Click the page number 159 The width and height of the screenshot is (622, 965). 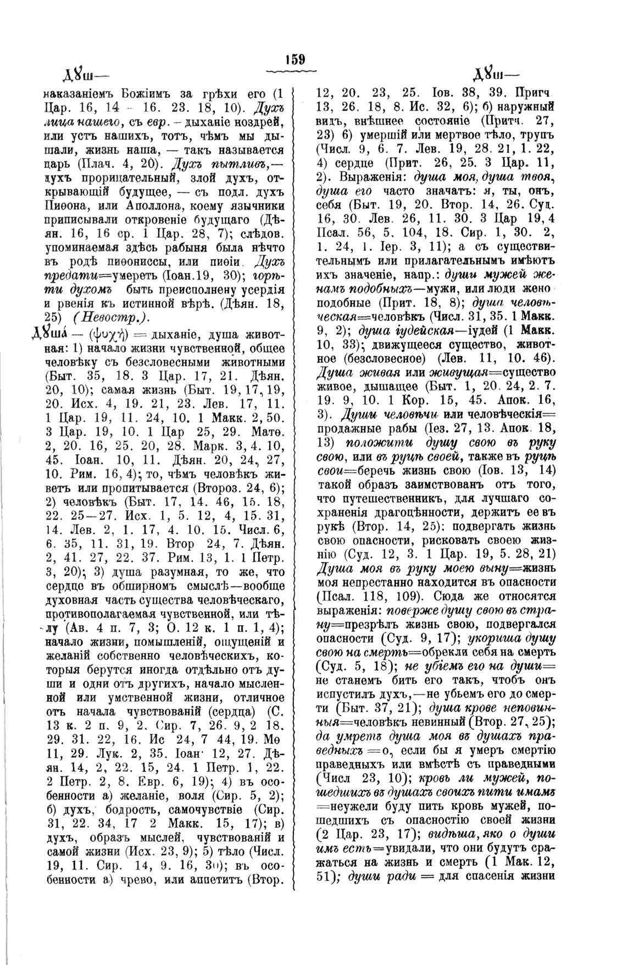[x=295, y=59]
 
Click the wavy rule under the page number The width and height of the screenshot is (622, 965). [x=295, y=71]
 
